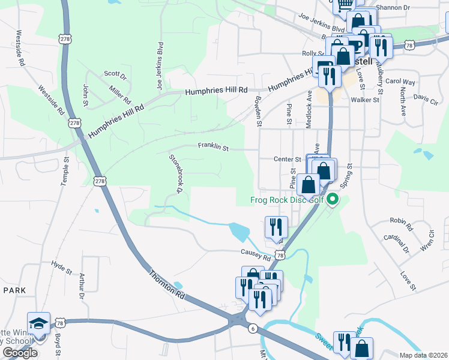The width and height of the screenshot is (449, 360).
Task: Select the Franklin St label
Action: coord(214,146)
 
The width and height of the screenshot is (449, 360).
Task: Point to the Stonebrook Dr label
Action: coord(175,173)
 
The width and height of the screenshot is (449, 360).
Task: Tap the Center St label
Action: coord(287,160)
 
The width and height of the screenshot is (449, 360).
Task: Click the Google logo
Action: coord(20,353)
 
